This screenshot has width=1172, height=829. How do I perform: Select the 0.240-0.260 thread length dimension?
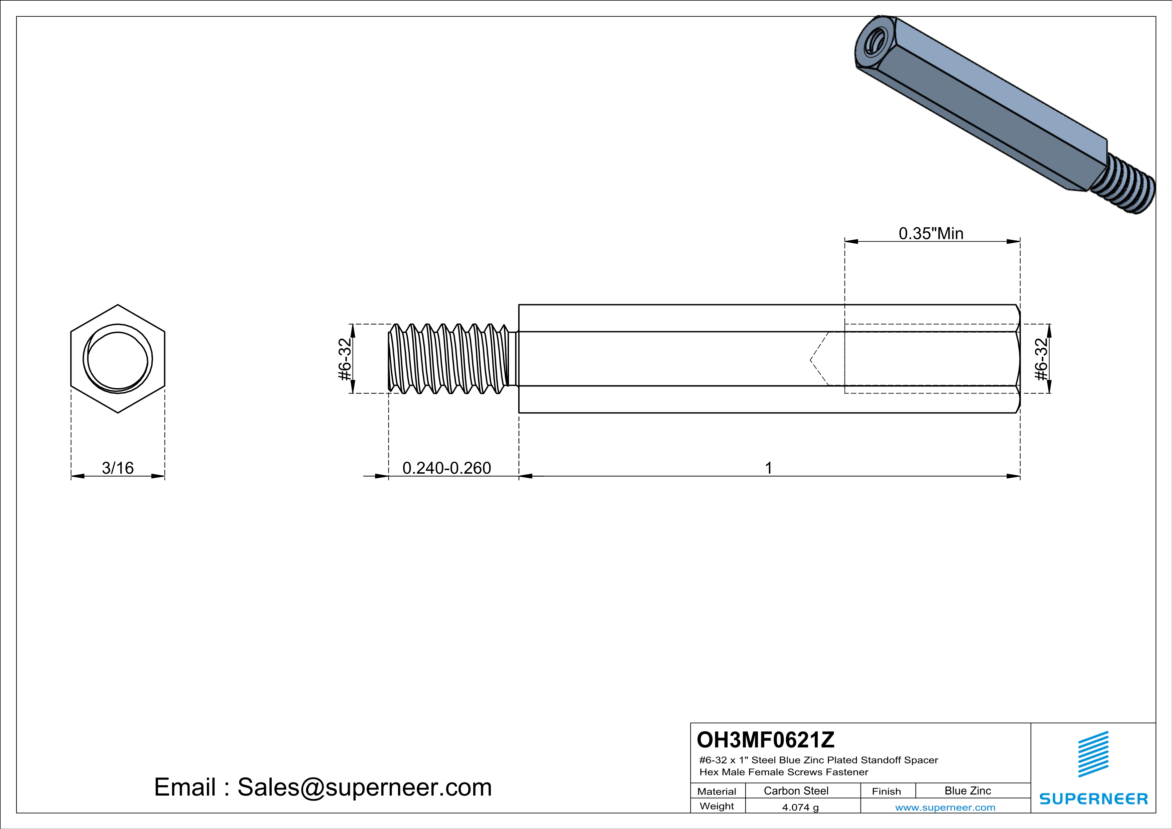click(x=447, y=468)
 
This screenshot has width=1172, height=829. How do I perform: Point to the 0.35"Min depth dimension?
click(x=931, y=233)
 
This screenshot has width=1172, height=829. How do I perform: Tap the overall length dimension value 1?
click(x=769, y=468)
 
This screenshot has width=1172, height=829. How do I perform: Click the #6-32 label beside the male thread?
click(x=346, y=359)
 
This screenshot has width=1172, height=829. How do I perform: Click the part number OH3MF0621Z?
click(x=766, y=739)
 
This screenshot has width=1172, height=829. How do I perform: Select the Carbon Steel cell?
click(x=796, y=791)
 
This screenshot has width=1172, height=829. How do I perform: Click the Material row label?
click(x=717, y=791)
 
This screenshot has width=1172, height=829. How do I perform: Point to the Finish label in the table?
click(x=886, y=791)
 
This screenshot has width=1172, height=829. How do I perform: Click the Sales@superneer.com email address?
click(x=365, y=787)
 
